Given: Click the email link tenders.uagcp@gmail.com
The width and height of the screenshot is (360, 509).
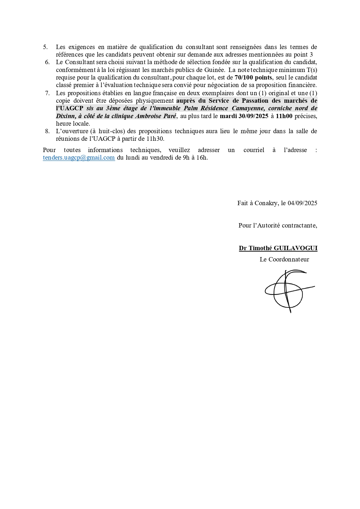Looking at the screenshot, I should (79, 158).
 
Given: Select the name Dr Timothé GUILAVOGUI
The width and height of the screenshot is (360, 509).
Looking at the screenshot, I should (278, 248).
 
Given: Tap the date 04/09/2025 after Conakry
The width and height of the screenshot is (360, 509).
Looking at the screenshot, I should (302, 203).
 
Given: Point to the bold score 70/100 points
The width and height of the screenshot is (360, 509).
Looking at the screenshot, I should (253, 77).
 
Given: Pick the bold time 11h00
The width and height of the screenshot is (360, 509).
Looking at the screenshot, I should (284, 116).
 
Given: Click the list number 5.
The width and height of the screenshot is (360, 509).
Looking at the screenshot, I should (45, 47).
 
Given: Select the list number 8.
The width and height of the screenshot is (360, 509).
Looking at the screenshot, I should (47, 131).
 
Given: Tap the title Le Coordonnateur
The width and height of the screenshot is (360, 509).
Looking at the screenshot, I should (284, 259).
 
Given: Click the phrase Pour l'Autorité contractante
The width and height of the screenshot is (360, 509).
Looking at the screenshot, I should (278, 225).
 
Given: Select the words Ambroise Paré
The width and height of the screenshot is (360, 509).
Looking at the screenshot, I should (156, 116).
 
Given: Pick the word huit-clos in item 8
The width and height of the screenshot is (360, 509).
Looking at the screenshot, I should (110, 131).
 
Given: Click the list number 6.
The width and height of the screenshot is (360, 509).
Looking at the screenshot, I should (47, 62).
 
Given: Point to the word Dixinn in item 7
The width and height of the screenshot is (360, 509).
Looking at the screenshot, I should (65, 116).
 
